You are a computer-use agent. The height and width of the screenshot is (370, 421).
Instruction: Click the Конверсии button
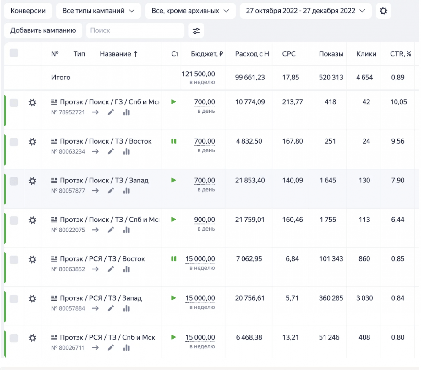[x=28, y=11]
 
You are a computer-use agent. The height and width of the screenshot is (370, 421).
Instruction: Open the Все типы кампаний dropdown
[x=98, y=11]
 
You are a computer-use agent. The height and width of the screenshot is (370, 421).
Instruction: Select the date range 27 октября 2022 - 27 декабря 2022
[x=305, y=11]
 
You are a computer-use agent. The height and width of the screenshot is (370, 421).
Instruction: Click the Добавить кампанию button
[x=43, y=30]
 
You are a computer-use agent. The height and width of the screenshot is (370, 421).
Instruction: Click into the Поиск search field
[x=135, y=30]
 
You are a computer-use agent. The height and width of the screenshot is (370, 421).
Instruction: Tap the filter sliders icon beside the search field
[x=196, y=31]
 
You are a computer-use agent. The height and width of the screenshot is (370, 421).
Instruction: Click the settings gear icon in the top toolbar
[x=383, y=11]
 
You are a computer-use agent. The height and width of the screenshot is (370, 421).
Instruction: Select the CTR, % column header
[x=400, y=54]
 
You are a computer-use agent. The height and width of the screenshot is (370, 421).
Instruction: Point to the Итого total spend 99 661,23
[x=250, y=78]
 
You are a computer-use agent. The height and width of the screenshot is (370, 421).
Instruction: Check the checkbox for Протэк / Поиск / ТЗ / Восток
[x=14, y=142]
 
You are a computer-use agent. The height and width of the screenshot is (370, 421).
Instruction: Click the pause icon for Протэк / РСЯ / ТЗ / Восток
[x=174, y=259]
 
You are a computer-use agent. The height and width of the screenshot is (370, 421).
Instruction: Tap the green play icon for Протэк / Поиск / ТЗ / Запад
[x=173, y=180]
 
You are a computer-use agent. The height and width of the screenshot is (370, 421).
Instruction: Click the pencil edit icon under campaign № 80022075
[x=111, y=230]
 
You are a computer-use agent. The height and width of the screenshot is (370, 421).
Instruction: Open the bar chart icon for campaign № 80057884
[x=126, y=308]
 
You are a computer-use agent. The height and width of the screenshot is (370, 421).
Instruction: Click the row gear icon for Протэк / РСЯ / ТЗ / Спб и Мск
[x=32, y=338]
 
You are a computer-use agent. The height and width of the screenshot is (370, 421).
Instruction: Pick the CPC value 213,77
[x=292, y=102]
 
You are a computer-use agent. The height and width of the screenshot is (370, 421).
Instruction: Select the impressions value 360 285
[x=331, y=298]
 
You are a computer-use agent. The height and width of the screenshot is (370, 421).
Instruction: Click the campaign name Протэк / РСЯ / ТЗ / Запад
[x=101, y=298]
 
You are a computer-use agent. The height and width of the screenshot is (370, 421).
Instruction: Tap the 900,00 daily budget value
[x=205, y=220]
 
